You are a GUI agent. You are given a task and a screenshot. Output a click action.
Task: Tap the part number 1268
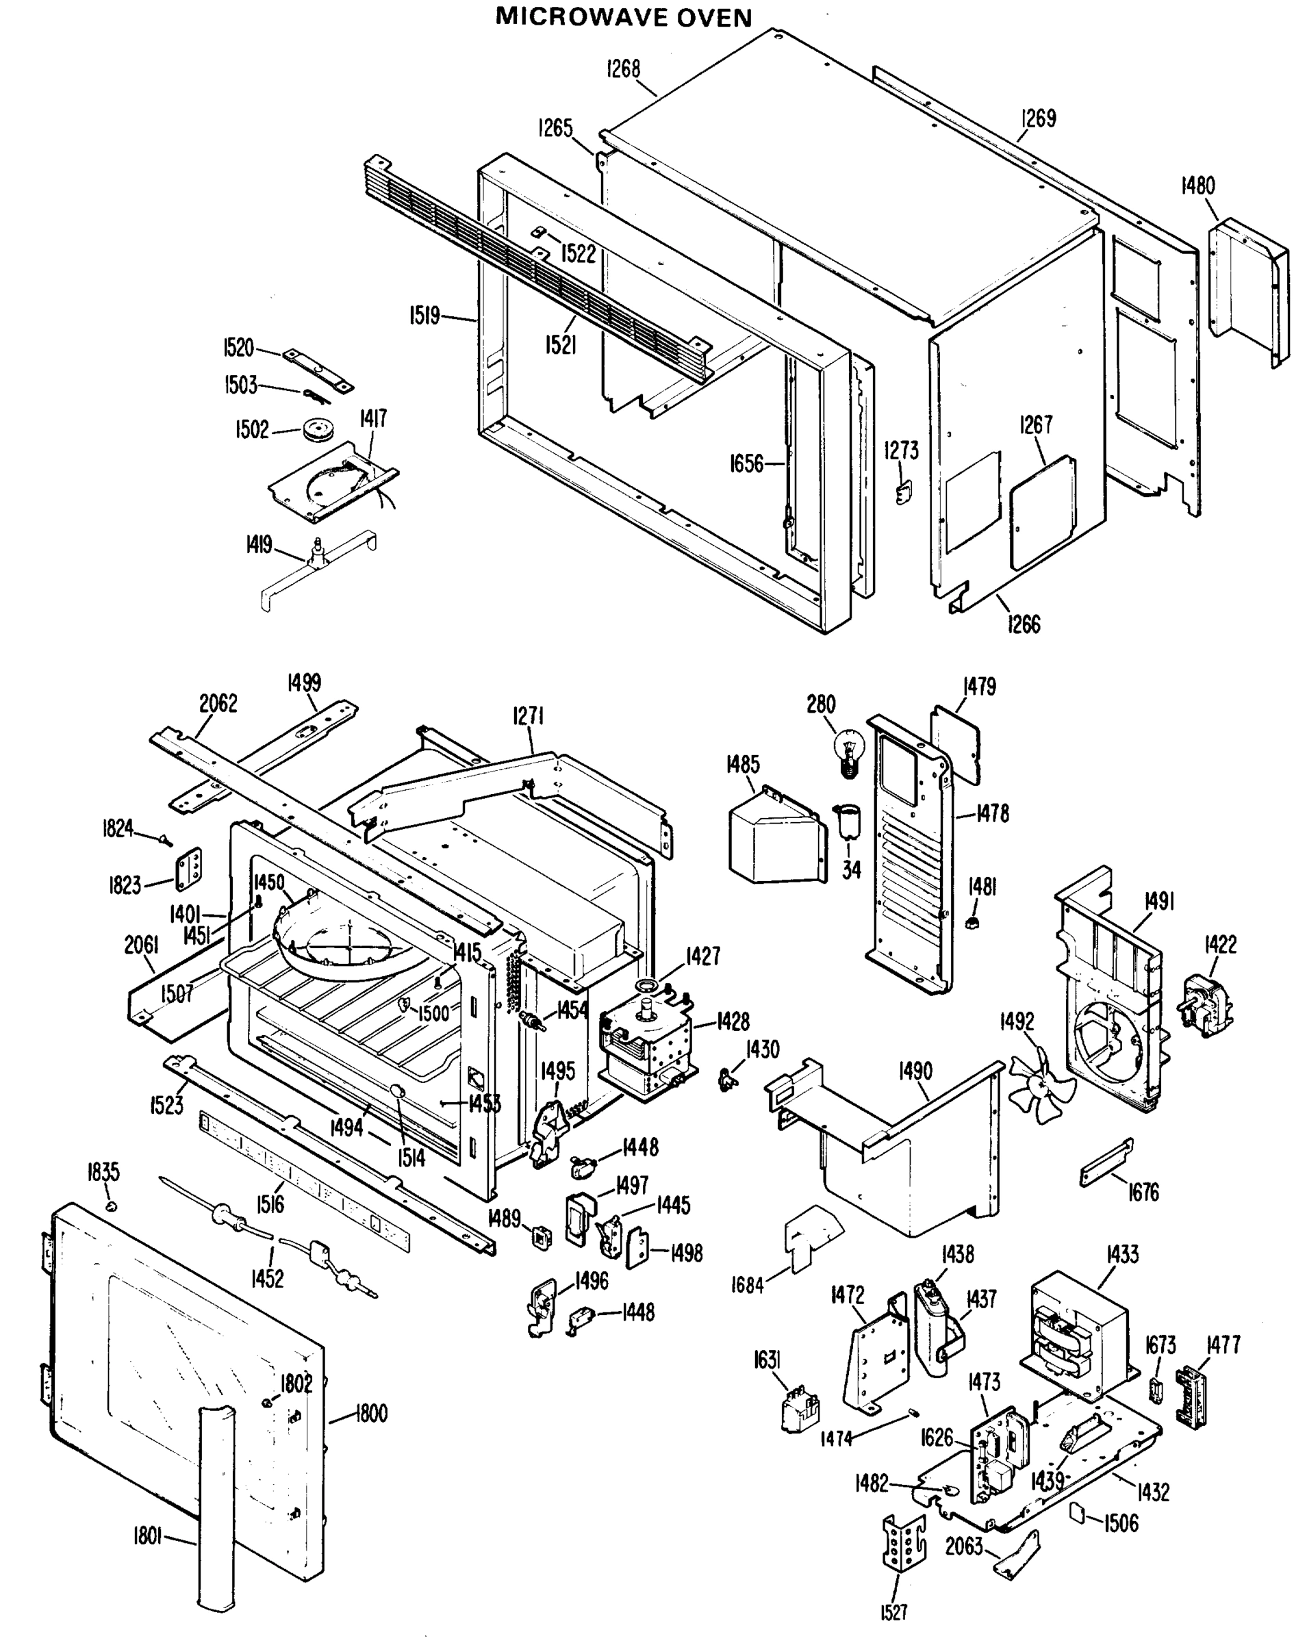click(624, 69)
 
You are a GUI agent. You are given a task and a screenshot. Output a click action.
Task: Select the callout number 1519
click(425, 316)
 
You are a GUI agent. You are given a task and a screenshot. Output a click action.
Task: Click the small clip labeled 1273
click(903, 493)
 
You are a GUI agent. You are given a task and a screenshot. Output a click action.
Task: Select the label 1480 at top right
click(1198, 186)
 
